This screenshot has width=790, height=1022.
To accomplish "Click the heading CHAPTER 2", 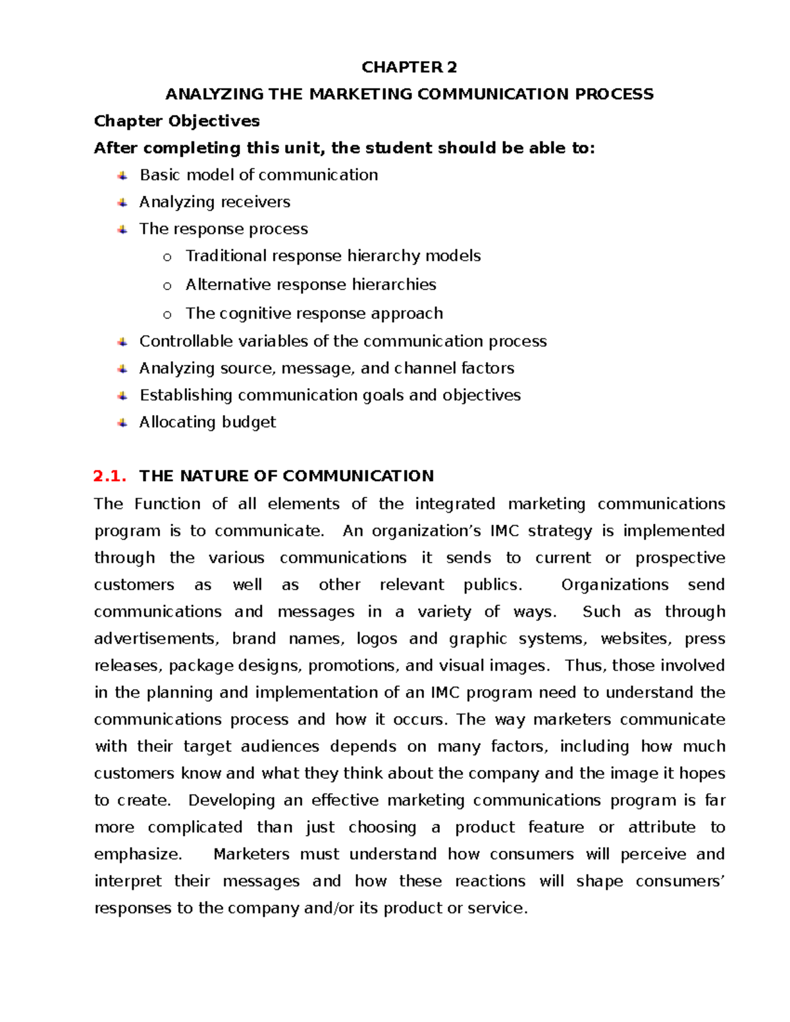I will click(x=409, y=67).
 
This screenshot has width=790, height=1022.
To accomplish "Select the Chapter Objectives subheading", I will click(x=176, y=121).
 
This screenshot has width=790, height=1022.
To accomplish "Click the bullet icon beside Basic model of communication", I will click(x=122, y=176).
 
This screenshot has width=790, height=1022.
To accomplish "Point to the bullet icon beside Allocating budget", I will click(x=122, y=422).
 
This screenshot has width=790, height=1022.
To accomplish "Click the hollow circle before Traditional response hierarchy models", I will click(x=167, y=257).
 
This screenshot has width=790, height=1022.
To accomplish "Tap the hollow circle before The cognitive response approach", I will click(x=167, y=315).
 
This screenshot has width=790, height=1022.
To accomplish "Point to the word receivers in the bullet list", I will click(x=256, y=202).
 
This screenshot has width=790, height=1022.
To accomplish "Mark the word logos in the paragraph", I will click(x=377, y=639).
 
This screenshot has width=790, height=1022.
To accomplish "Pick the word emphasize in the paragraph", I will click(x=136, y=855).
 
